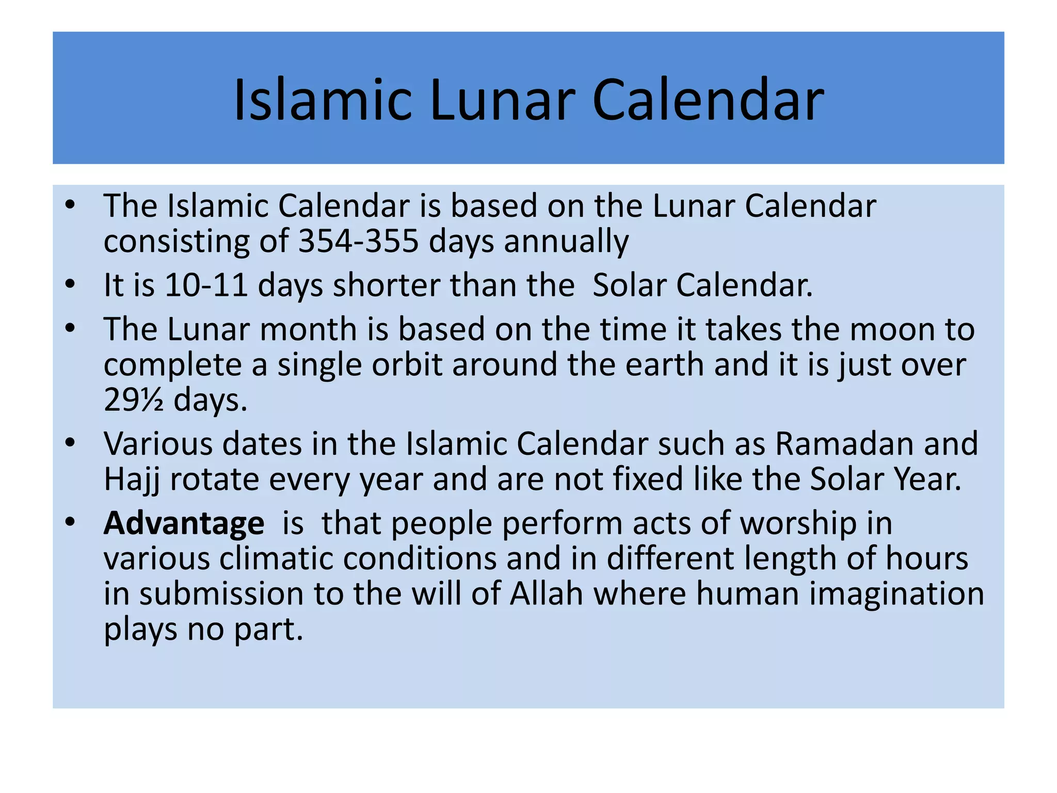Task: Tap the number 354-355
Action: (358, 241)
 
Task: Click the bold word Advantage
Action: (184, 523)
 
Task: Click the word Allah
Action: (547, 594)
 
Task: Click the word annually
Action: (566, 241)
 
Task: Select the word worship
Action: (798, 523)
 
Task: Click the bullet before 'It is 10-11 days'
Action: (71, 284)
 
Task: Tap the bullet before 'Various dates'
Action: (71, 443)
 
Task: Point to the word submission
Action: (221, 594)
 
